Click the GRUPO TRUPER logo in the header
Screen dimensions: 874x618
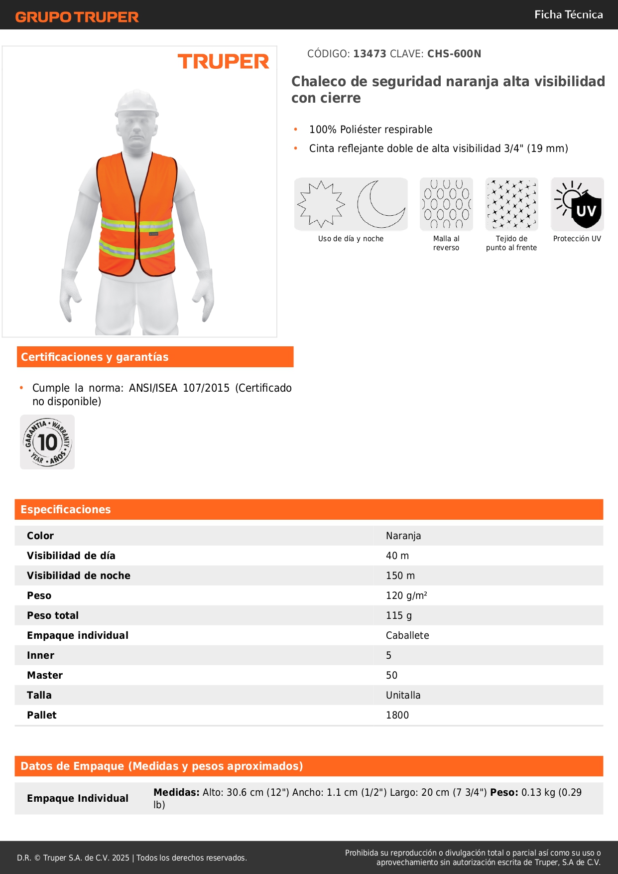[77, 17]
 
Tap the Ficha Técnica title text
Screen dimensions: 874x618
[568, 14]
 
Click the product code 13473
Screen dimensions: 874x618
[370, 54]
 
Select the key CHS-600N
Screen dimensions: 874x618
[454, 54]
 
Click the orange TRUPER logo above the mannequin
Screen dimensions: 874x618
[223, 62]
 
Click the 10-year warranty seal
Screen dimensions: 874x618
[47, 442]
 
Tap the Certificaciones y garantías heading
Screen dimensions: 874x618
[95, 357]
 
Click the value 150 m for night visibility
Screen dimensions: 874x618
[400, 576]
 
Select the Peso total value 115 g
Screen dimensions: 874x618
[399, 615]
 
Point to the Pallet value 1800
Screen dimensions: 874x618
[397, 715]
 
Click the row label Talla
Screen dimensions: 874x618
[39, 695]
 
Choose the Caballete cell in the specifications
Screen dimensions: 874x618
[407, 635]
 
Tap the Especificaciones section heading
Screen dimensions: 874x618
[65, 509]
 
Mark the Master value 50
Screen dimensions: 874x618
[391, 675]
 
